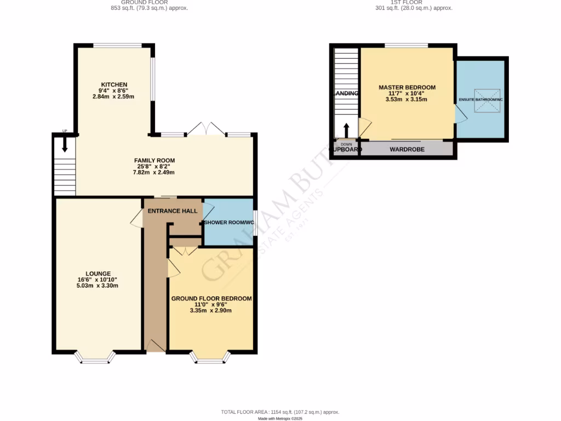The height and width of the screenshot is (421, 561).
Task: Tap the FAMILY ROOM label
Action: click(x=154, y=160)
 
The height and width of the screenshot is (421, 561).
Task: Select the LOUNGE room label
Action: click(x=98, y=274)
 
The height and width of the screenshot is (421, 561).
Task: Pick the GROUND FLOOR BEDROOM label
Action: click(x=211, y=298)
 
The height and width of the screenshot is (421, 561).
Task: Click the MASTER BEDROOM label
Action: click(x=407, y=87)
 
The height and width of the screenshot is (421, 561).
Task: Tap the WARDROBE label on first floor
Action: click(x=407, y=149)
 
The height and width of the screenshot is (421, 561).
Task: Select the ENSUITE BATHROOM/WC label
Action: click(x=480, y=99)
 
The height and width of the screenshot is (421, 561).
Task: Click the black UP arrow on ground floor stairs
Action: click(x=65, y=144)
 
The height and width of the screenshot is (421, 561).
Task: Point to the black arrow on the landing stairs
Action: click(x=346, y=130)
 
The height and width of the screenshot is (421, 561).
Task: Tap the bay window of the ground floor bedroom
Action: click(x=210, y=358)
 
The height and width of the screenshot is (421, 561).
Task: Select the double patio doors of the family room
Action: click(x=205, y=129)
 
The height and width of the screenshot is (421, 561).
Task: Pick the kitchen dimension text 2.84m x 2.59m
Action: click(x=113, y=96)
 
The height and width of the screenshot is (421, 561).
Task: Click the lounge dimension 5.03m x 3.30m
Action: click(x=98, y=286)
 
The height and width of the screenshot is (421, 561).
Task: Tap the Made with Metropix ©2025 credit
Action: click(x=280, y=418)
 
